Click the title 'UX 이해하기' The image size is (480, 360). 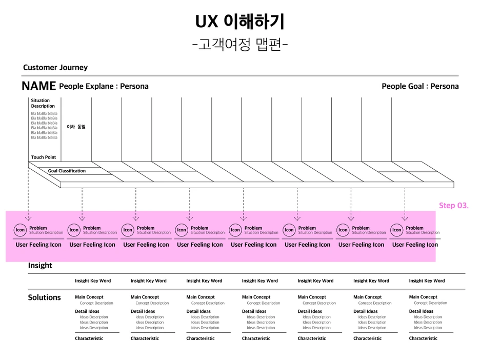(239, 22)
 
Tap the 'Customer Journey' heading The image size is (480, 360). (55, 68)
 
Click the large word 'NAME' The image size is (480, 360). (38, 86)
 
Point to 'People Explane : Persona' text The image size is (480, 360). (104, 86)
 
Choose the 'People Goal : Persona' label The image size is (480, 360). (420, 86)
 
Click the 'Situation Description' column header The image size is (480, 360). (43, 103)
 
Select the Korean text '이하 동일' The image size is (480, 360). (76, 127)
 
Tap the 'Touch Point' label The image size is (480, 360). (44, 157)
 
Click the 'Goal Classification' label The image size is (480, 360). (67, 171)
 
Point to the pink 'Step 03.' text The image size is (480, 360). (454, 206)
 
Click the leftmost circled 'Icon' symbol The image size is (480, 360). (20, 230)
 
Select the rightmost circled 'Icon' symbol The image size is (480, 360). (396, 230)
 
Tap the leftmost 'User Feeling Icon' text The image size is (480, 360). (38, 245)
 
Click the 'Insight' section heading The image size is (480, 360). (40, 266)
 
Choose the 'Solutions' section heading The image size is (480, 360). (44, 297)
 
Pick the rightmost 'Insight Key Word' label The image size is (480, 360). (427, 281)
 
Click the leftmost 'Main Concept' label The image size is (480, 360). (89, 297)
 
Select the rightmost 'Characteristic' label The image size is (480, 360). (423, 338)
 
